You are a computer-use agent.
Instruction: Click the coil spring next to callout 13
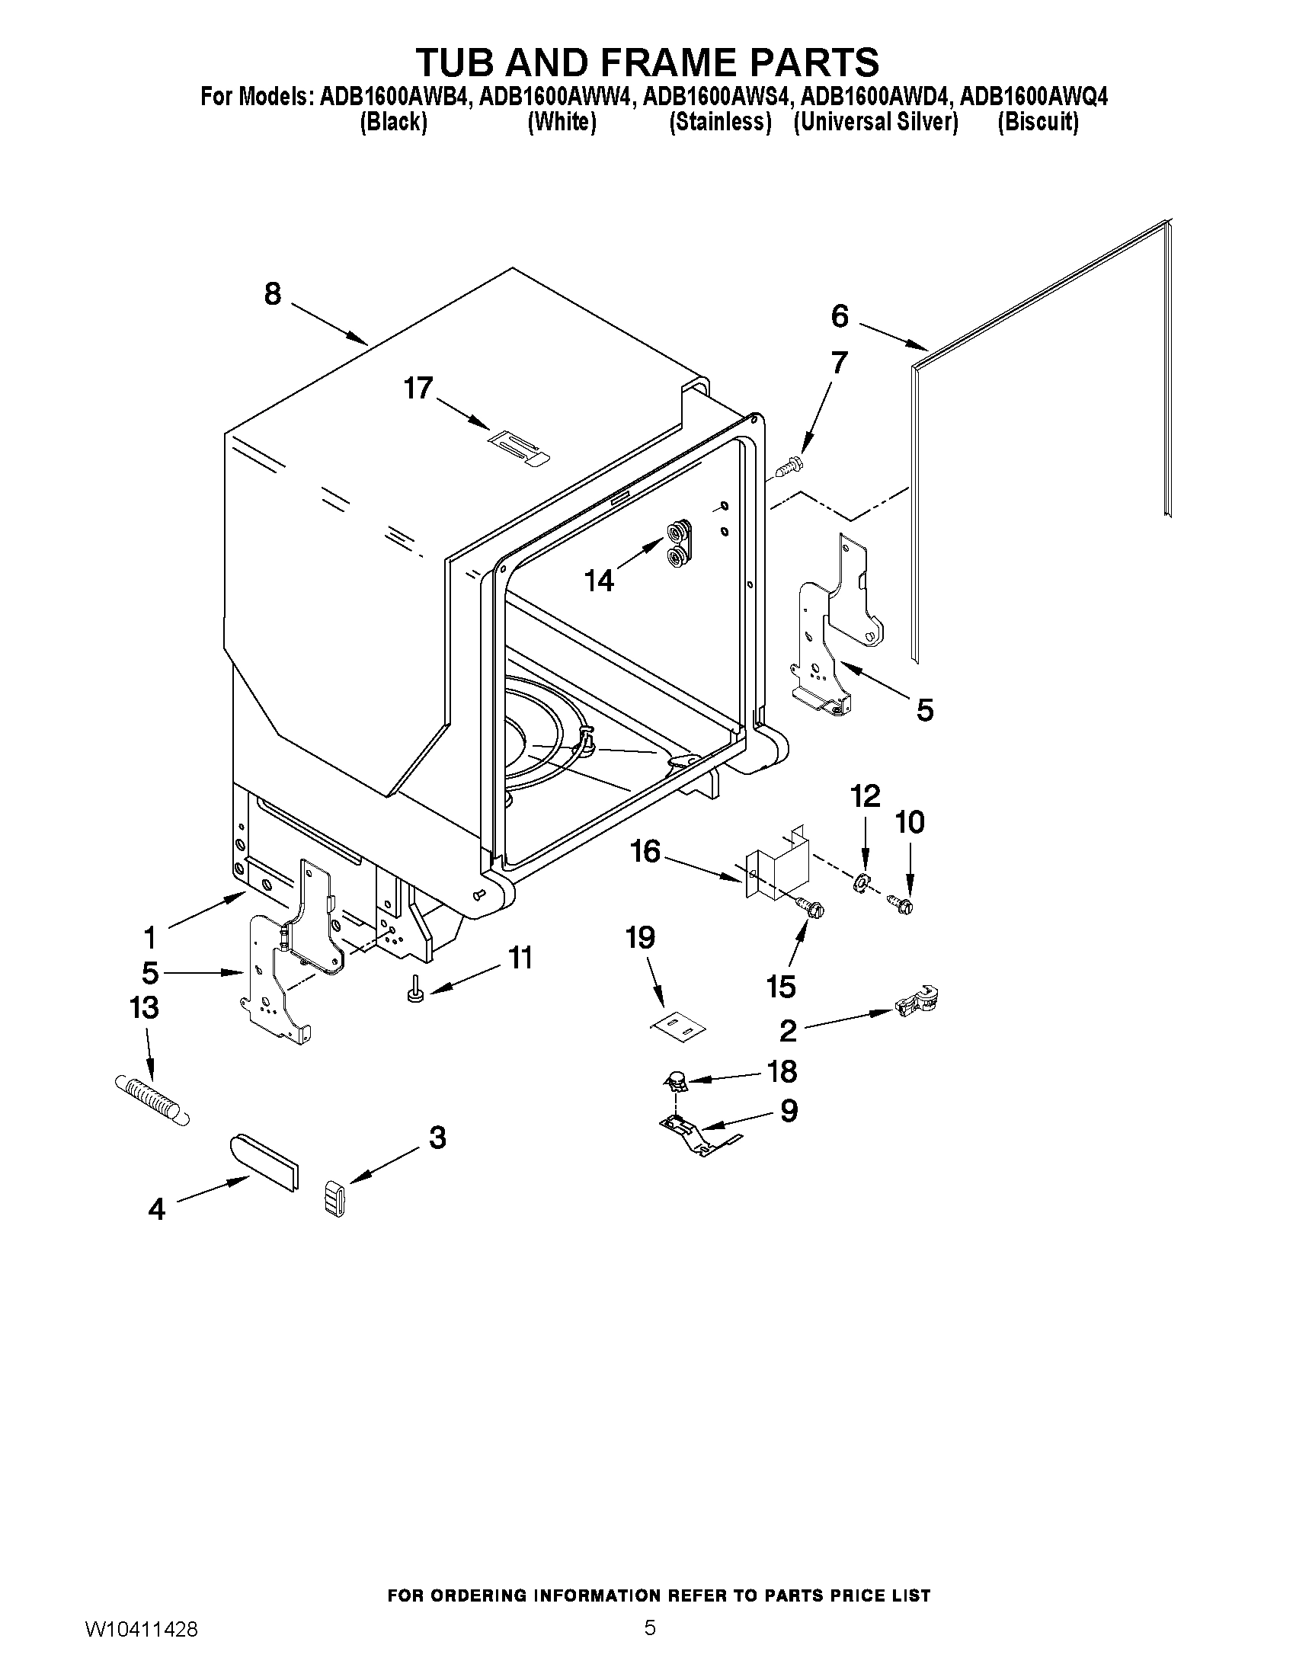152,1099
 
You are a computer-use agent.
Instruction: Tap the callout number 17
418,389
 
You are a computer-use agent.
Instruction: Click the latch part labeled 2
918,1001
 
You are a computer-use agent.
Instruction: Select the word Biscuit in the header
1037,122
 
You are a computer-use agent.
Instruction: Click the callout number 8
273,295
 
